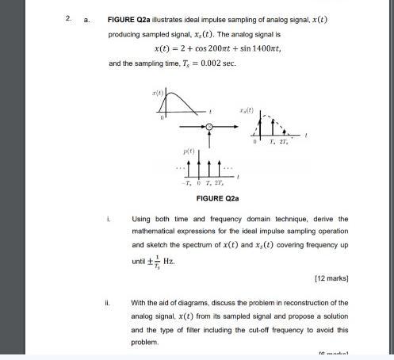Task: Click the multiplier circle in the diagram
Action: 208,127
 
